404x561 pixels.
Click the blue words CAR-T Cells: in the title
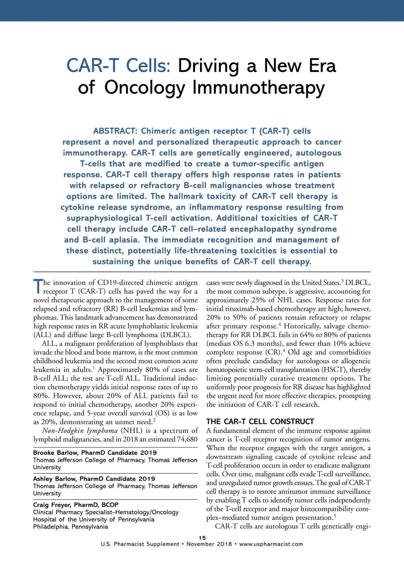coord(119,65)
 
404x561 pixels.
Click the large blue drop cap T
coord(38,286)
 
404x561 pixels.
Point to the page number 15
coord(202,538)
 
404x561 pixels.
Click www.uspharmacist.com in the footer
coord(271,544)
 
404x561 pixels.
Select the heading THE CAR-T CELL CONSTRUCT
coord(260,421)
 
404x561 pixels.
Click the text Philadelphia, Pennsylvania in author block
coord(70,527)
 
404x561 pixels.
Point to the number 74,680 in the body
coord(187,439)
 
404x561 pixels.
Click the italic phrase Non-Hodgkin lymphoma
coord(80,431)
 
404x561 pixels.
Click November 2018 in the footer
coord(209,544)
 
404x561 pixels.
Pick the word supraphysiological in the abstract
coord(104,218)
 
